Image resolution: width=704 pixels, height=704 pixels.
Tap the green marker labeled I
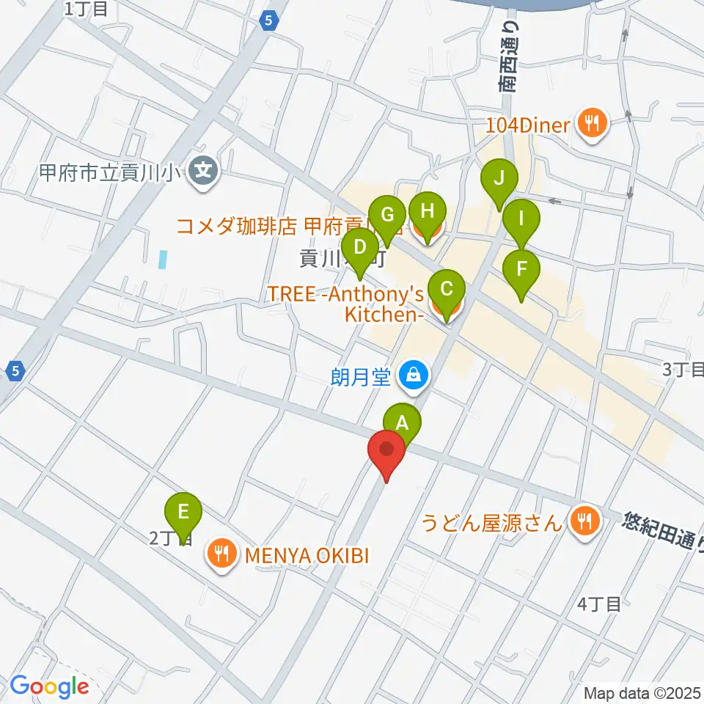coord(521,219)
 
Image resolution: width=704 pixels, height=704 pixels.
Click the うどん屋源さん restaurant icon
coord(584,522)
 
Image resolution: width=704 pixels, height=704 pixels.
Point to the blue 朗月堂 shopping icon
coord(414,376)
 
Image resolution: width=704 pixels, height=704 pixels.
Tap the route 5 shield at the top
coord(269,21)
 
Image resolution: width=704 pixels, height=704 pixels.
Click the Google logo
coord(49,686)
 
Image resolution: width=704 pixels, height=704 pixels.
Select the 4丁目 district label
coord(599,604)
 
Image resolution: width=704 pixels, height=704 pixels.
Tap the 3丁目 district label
coord(682,370)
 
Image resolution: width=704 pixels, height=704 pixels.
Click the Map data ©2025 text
coord(642,692)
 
